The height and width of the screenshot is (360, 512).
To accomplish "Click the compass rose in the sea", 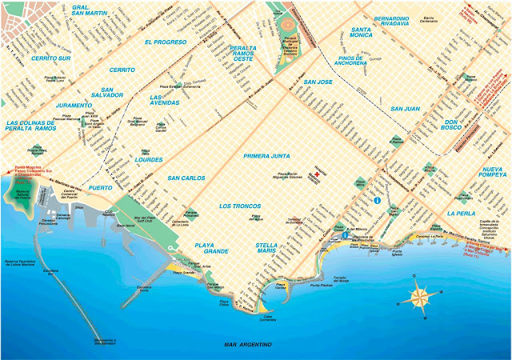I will pos(419,297).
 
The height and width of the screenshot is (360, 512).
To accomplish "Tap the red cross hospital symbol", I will pos(326,172).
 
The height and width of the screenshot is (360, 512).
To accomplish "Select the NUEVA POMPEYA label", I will pos(484,176).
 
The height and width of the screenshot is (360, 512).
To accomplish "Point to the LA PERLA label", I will pos(462,214).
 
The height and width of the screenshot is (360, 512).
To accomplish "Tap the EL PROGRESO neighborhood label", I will pos(165,41).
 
